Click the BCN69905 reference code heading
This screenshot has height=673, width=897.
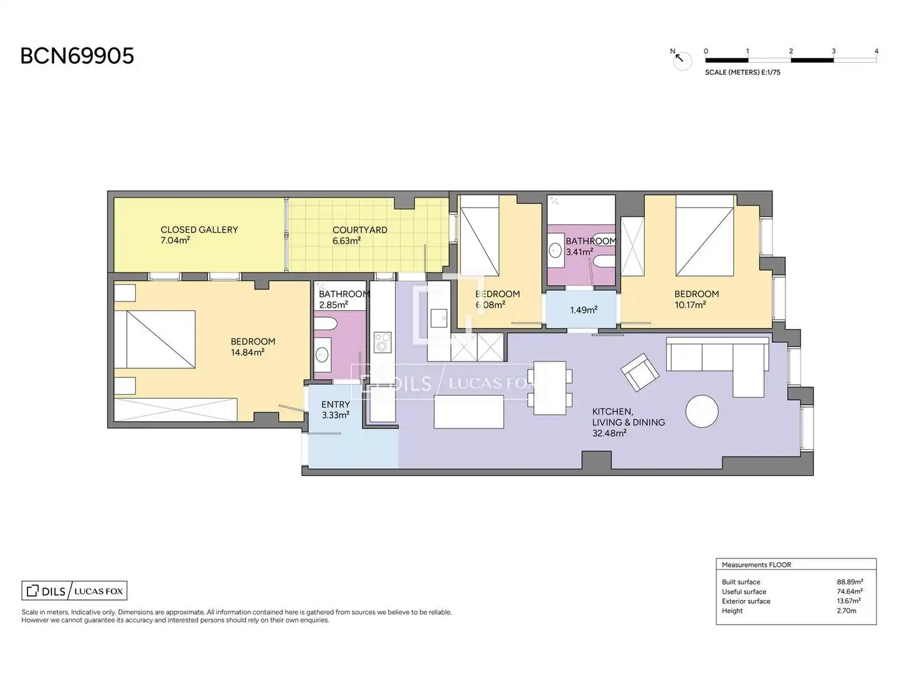77,56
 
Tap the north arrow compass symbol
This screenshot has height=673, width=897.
681,60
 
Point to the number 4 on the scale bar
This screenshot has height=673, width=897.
876,51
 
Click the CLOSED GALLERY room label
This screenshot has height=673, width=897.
199,230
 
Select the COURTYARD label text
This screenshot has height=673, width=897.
359,230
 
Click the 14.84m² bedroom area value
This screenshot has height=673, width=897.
247,352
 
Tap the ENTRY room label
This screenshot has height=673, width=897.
336,404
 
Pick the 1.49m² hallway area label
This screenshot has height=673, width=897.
584,310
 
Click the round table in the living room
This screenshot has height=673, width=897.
701,411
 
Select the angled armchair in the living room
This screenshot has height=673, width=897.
640,372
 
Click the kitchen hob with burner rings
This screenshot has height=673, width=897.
382,343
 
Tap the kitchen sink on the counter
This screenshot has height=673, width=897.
439,318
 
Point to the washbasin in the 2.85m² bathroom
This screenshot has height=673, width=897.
322,355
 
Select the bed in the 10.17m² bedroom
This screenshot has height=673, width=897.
705,236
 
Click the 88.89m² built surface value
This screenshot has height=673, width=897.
850,582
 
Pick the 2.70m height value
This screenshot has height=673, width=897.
847,611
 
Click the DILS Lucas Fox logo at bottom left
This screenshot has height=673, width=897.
74,591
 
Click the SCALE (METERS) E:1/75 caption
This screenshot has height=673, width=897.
743,72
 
